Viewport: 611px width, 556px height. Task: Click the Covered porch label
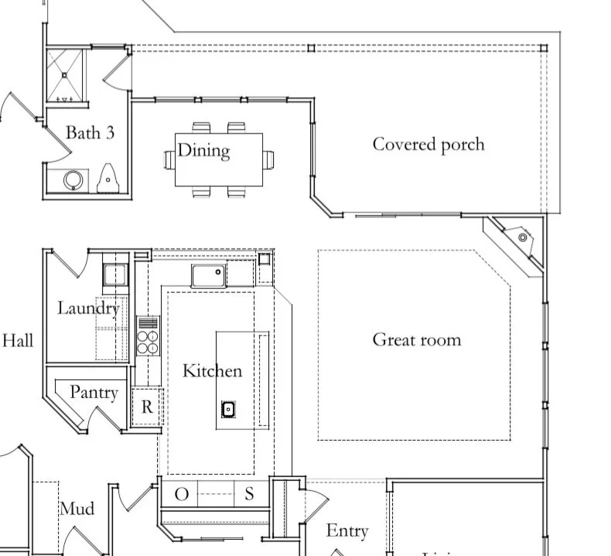click(x=428, y=144)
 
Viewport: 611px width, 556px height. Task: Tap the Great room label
click(x=416, y=339)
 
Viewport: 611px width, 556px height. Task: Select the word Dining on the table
click(x=204, y=149)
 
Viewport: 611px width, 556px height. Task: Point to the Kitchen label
click(x=212, y=371)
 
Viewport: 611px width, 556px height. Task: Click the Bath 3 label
click(x=90, y=132)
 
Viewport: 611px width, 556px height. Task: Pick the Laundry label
click(x=88, y=308)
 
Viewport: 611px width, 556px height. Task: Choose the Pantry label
click(x=94, y=392)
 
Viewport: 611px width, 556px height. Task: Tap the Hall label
click(x=18, y=339)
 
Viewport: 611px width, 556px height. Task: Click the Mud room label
click(x=77, y=509)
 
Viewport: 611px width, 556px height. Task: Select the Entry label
click(x=346, y=530)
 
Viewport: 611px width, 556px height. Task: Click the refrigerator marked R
click(x=147, y=407)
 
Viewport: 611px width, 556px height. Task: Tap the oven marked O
click(x=180, y=494)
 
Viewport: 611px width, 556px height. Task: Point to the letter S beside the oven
click(x=249, y=494)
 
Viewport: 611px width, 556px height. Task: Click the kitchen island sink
click(x=228, y=409)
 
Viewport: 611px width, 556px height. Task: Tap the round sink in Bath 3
click(x=73, y=180)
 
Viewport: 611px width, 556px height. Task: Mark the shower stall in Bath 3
click(x=65, y=76)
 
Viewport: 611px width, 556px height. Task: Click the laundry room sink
click(x=115, y=275)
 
